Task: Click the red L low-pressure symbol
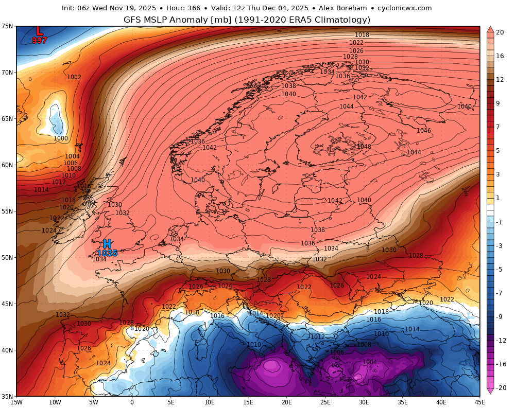(x=39, y=31)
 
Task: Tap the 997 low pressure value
(x=40, y=40)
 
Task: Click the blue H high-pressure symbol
(x=107, y=244)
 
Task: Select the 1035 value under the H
(x=107, y=253)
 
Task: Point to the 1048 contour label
(x=364, y=147)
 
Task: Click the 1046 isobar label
(x=424, y=131)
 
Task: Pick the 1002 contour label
(x=74, y=77)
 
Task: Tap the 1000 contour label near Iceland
(x=61, y=138)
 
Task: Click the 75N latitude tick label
(x=7, y=26)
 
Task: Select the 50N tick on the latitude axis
(x=7, y=257)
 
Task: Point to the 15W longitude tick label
(x=16, y=402)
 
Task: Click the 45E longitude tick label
(x=479, y=402)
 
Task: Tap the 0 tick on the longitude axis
(x=132, y=402)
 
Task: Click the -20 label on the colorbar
(x=500, y=388)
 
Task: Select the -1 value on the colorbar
(x=500, y=222)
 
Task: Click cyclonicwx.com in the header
(x=405, y=8)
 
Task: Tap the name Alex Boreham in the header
(x=343, y=8)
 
